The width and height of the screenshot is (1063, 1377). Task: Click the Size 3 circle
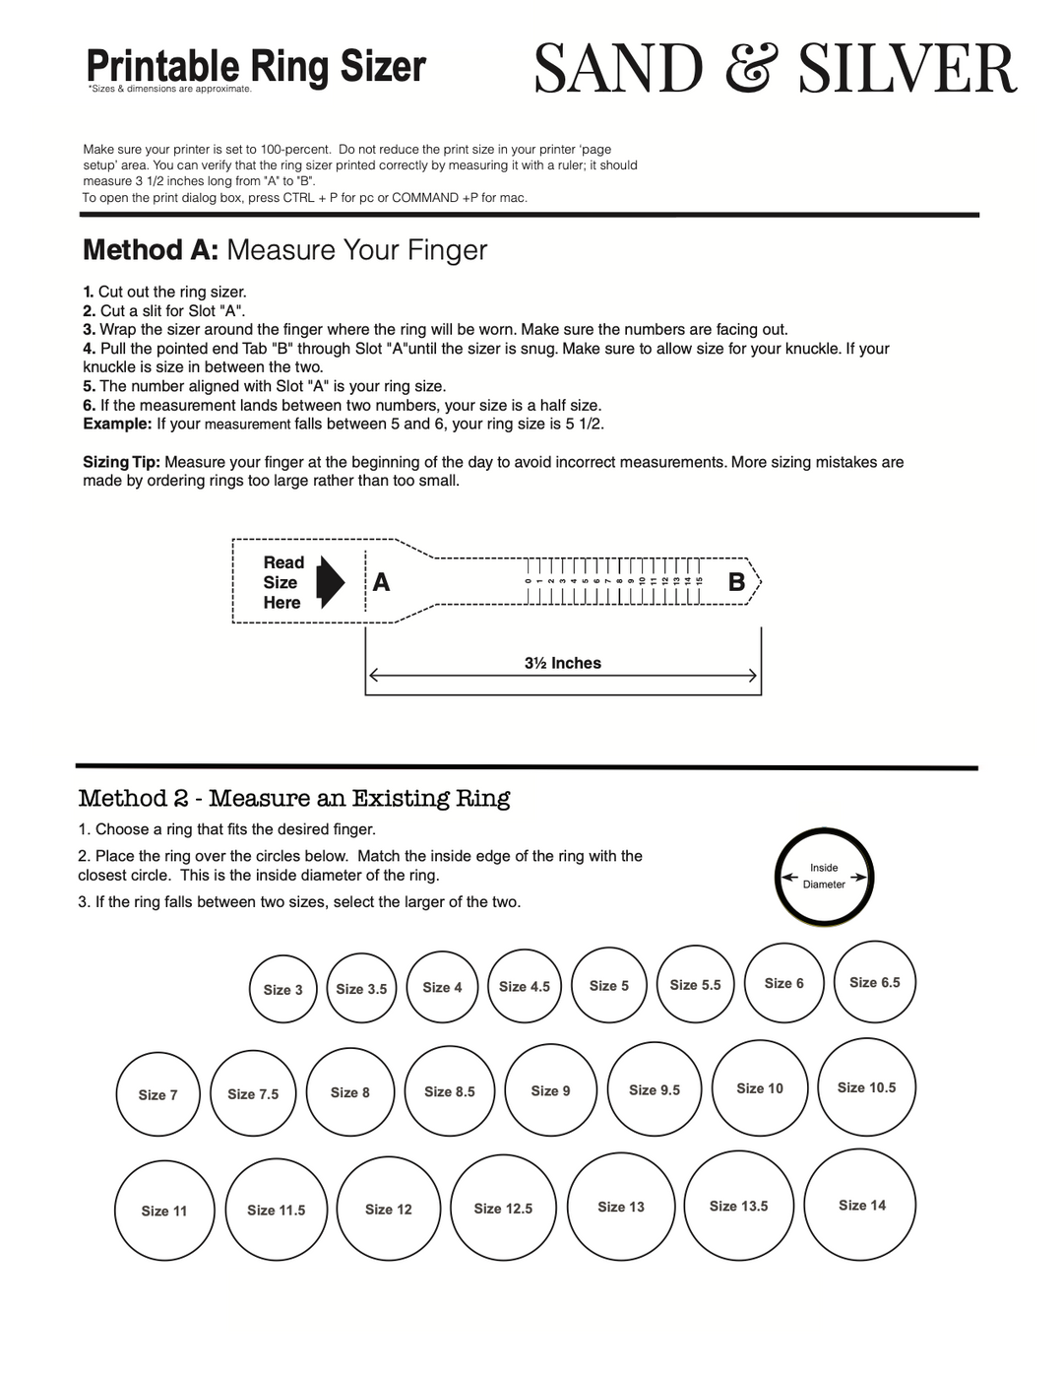(x=283, y=989)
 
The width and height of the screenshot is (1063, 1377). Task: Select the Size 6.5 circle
(x=874, y=982)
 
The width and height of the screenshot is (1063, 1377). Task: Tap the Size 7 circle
(x=157, y=1094)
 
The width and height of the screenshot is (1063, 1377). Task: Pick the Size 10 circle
(x=760, y=1088)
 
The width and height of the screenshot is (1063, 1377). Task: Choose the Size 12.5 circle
(x=503, y=1209)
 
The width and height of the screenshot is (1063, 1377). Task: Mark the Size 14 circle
(x=860, y=1205)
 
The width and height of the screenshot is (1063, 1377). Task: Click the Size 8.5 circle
(x=450, y=1091)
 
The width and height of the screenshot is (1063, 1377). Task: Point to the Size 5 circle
(x=608, y=985)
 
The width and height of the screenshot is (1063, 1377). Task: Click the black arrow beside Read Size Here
(x=331, y=582)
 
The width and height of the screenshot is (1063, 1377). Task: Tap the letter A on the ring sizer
(x=381, y=583)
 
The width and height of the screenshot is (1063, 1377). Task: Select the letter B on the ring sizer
(x=736, y=583)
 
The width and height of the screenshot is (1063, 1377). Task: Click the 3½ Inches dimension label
(x=562, y=663)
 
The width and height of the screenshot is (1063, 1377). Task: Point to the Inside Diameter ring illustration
(x=824, y=877)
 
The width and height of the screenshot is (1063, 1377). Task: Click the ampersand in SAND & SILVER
(x=752, y=69)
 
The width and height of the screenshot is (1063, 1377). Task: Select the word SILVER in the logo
(x=907, y=69)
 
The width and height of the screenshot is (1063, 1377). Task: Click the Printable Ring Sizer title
(x=256, y=66)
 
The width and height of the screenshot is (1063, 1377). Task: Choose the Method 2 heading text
(x=293, y=798)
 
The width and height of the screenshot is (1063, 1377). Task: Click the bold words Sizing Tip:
(x=121, y=462)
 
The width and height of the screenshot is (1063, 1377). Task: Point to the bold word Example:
(x=117, y=424)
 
